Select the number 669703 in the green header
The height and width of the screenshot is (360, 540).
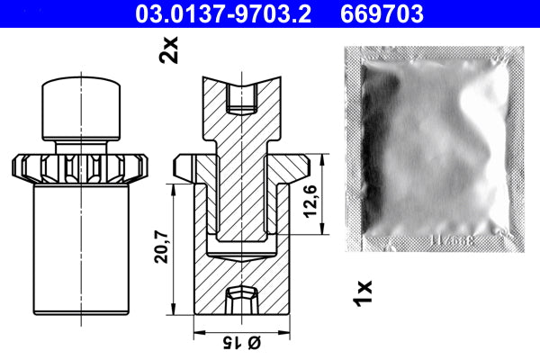click(382, 13)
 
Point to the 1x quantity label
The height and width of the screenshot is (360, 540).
click(364, 291)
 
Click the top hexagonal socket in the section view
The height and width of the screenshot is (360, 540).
click(243, 97)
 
